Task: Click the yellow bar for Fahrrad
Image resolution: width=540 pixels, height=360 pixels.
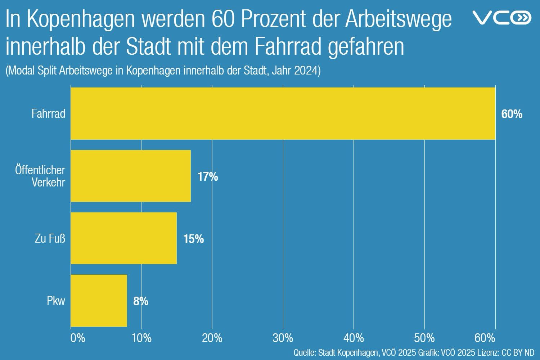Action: [x=283, y=113]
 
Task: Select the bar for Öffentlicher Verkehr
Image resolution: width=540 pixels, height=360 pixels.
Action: [x=131, y=176]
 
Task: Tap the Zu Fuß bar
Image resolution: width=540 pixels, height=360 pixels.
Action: [x=123, y=238]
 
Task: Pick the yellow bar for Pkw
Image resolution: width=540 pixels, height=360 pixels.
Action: [x=99, y=301]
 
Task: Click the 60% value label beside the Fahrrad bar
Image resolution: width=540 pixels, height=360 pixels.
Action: [x=512, y=114]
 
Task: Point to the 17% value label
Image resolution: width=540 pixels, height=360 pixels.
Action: [x=207, y=177]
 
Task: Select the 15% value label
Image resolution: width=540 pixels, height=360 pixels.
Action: [x=193, y=239]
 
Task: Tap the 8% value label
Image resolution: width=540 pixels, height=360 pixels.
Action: [x=141, y=301]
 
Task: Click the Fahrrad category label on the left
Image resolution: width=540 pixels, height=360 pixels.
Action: [x=48, y=114]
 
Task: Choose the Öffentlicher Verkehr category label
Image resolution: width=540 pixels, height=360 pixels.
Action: [x=40, y=176]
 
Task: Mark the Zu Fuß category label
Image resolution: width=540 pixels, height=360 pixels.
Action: [x=50, y=238]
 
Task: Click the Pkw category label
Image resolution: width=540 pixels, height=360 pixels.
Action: [x=56, y=301]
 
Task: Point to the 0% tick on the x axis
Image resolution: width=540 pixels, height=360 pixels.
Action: [x=77, y=338]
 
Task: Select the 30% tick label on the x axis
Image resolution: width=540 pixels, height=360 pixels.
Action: [x=283, y=338]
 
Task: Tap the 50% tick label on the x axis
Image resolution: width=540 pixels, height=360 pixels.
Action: [x=424, y=338]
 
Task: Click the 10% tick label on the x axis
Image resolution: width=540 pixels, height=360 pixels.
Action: [x=141, y=338]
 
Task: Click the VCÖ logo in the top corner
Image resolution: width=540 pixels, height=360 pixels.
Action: [x=501, y=17]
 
